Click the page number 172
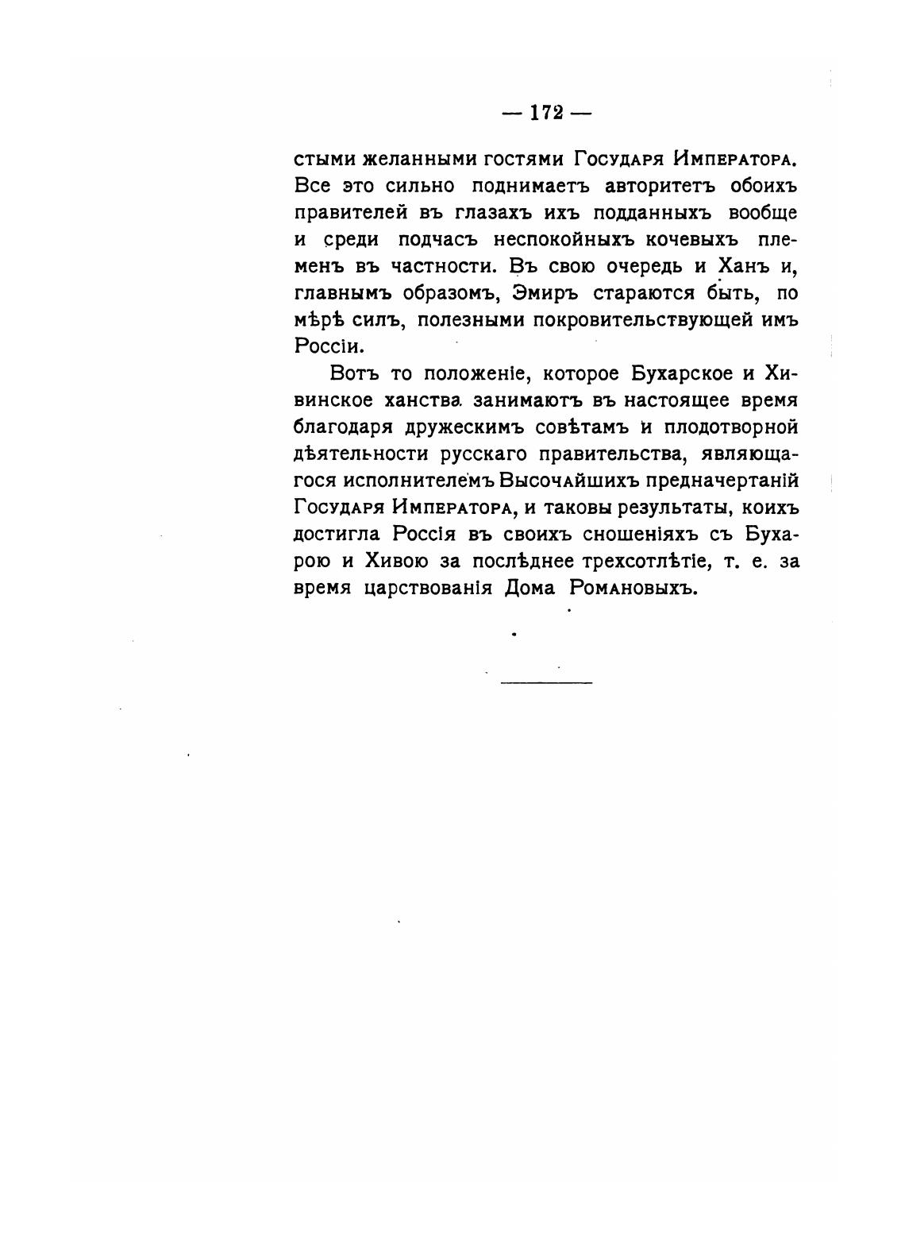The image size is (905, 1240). pos(547,113)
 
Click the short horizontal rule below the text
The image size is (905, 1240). pos(546,682)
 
